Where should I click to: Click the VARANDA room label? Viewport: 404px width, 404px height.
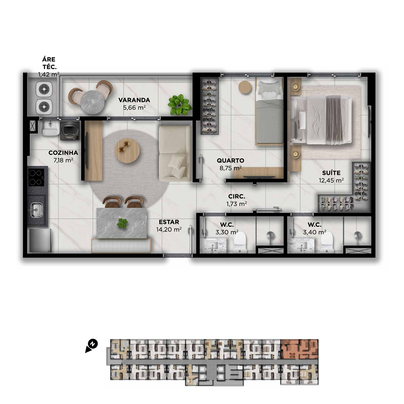click(134, 100)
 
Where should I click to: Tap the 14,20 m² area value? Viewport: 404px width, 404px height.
click(169, 230)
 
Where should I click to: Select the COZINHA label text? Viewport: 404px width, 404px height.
click(63, 153)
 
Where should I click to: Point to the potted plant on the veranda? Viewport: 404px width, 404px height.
click(180, 104)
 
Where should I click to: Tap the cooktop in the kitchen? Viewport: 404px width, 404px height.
click(36, 177)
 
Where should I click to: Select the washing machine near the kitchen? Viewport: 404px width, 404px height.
click(70, 131)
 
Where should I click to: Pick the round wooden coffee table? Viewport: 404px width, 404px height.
click(127, 150)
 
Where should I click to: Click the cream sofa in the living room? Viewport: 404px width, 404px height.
click(175, 154)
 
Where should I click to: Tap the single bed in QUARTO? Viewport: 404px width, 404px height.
click(269, 111)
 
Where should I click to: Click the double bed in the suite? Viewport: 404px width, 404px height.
click(321, 120)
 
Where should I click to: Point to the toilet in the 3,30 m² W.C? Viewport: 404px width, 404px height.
click(240, 243)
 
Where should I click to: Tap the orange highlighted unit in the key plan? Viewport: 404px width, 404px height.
click(299, 349)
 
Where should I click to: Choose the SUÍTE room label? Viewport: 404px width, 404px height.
click(331, 173)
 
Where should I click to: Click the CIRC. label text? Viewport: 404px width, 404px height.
click(236, 196)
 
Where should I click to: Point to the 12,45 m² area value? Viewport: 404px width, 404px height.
click(331, 180)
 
